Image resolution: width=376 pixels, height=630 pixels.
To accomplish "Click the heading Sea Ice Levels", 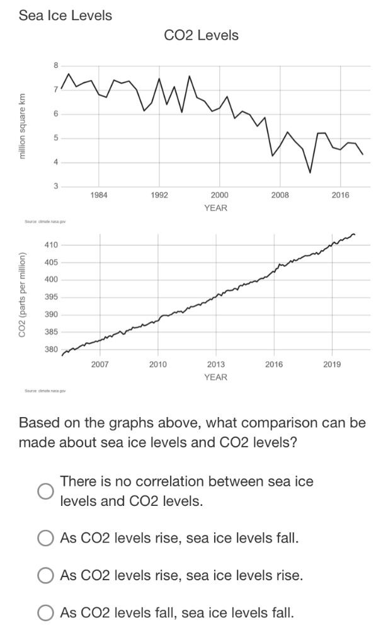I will click(66, 16).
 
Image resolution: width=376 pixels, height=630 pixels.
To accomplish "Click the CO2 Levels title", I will click(201, 35).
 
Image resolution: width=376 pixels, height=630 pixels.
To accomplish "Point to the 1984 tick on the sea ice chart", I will click(99, 195).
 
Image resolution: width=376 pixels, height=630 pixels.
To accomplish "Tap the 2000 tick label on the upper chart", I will click(219, 195).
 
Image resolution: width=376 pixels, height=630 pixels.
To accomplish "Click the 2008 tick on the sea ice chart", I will click(280, 195).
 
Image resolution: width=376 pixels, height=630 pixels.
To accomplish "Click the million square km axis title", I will click(23, 126).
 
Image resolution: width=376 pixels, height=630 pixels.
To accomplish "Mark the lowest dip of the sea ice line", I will click(310, 172).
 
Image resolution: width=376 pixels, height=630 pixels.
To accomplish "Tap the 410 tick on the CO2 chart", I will click(51, 244).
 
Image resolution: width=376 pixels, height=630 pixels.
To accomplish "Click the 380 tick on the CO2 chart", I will click(51, 349).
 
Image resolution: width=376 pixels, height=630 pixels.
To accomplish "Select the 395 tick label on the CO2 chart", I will click(51, 297).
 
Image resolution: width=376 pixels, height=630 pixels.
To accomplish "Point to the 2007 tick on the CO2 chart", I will click(100, 364).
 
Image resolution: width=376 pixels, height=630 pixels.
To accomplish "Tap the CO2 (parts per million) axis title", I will click(23, 295).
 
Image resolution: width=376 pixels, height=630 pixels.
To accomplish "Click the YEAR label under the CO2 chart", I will click(215, 377).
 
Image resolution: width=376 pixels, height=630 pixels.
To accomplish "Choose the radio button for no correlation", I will click(45, 491).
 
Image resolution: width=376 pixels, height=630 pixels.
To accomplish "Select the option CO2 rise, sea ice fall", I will click(45, 539).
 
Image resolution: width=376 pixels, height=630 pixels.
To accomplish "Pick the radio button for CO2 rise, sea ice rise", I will click(45, 575).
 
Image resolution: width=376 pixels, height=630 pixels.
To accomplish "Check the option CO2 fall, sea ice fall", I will click(45, 612).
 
